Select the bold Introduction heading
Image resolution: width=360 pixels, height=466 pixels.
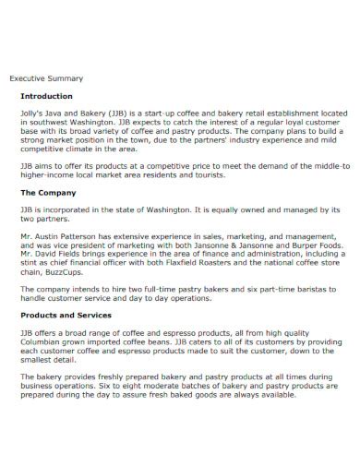[x=46, y=95]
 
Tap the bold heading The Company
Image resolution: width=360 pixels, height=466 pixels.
[x=50, y=194]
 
